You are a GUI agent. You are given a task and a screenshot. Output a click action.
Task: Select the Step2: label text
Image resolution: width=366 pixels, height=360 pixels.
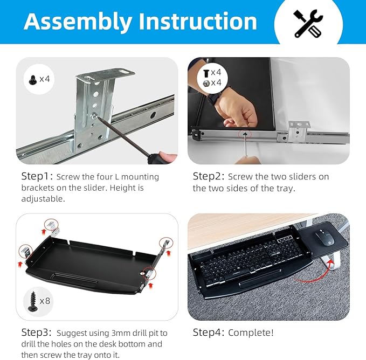click(x=209, y=177)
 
